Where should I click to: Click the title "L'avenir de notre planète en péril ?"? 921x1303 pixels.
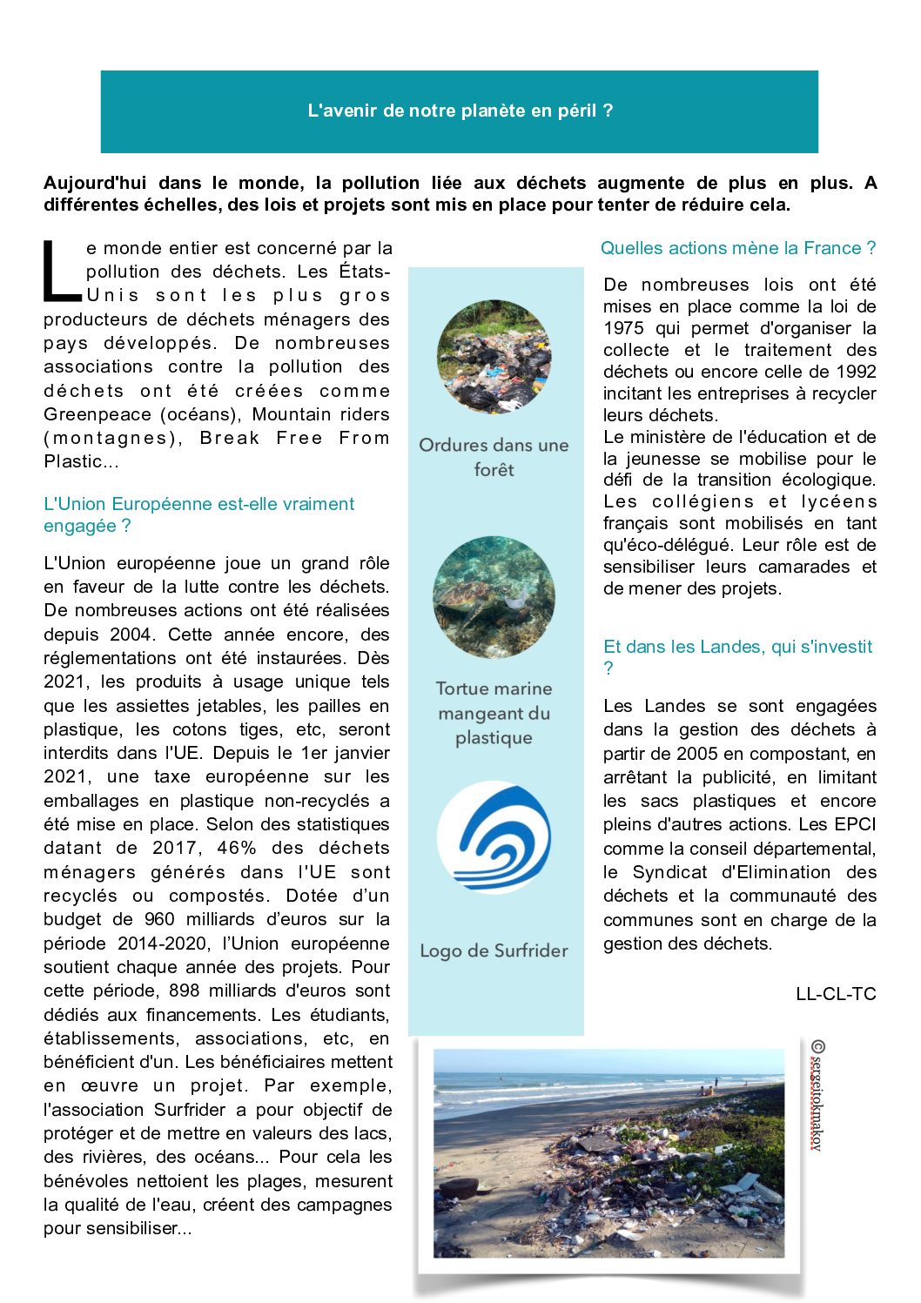click(x=460, y=111)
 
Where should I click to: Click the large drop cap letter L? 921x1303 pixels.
click(x=61, y=270)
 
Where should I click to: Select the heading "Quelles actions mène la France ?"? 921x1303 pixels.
click(x=738, y=248)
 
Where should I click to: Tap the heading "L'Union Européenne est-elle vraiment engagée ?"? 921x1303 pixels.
click(x=198, y=514)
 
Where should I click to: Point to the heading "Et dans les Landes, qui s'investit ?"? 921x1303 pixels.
click(x=737, y=656)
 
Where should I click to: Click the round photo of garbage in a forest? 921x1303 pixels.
click(x=494, y=357)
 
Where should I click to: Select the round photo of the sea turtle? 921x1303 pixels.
click(x=494, y=596)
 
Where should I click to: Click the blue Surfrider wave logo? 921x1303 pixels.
click(x=494, y=837)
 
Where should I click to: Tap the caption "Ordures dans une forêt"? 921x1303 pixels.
click(x=494, y=457)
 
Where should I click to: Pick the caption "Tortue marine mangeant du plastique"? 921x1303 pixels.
click(x=494, y=713)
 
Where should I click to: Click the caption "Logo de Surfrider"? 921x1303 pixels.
click(x=494, y=950)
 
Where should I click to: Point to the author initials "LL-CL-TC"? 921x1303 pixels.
click(x=836, y=994)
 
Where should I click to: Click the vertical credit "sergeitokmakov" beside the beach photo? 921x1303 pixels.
click(x=817, y=1097)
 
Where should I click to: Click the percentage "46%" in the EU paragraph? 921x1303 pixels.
click(x=237, y=848)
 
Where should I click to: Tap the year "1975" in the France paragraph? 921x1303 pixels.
click(x=623, y=328)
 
